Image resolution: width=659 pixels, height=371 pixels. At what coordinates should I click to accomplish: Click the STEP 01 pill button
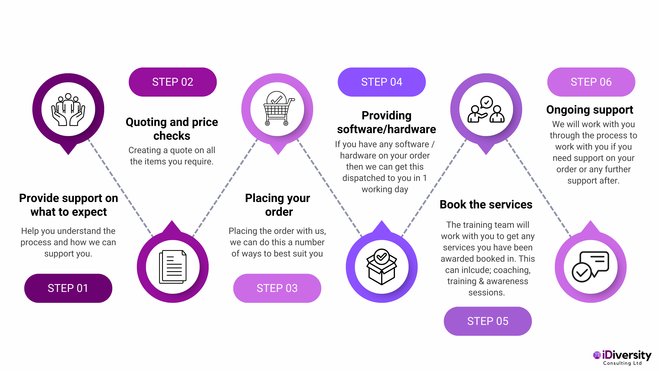click(x=68, y=288)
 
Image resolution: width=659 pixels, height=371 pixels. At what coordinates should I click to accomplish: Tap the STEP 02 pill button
click(x=173, y=82)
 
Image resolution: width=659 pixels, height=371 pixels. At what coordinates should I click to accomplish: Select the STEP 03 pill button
click(x=277, y=288)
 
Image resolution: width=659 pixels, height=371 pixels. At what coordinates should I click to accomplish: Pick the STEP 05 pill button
click(x=488, y=321)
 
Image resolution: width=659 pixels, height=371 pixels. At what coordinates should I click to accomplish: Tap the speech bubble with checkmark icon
click(x=591, y=267)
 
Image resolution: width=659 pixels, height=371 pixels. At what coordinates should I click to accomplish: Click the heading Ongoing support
click(x=589, y=110)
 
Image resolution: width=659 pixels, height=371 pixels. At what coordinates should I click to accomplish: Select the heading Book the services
click(x=486, y=205)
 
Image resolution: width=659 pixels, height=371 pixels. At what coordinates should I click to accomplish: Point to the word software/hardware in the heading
click(x=386, y=129)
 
